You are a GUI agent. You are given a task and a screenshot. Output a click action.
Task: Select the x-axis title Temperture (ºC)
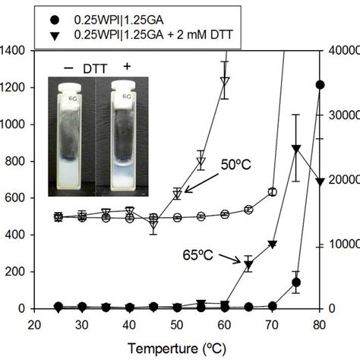coord(177,346)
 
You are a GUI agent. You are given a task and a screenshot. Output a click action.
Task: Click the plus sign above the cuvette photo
coord(128,67)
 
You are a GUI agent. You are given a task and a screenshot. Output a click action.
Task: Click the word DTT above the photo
coord(96,67)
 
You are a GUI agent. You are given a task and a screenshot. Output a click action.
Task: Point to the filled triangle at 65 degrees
coord(248,264)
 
